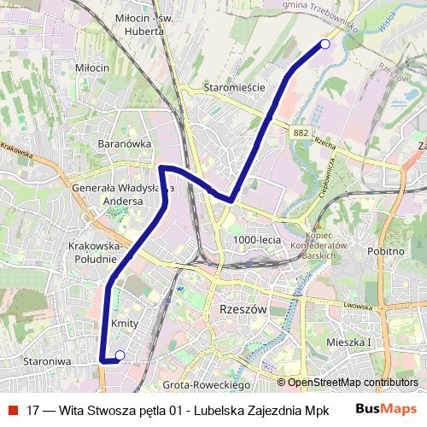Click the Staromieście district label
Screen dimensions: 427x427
(235, 88)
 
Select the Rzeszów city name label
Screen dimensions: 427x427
(243, 308)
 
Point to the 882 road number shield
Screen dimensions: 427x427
(300, 132)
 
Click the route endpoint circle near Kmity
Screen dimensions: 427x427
(120, 355)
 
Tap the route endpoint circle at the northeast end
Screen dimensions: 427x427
(324, 44)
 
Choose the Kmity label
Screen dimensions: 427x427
(125, 324)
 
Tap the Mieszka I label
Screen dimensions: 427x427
(349, 342)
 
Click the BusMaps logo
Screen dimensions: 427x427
(385, 409)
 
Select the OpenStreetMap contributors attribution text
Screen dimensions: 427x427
(353, 383)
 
